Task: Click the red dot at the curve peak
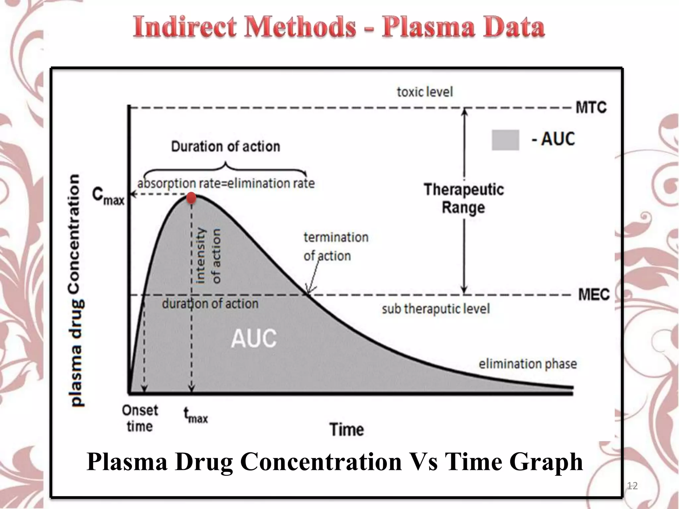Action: coord(191,198)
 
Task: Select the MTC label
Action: coord(591,107)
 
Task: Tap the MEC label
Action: coord(593,294)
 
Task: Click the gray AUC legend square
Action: coord(505,140)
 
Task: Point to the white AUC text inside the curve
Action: coord(254,339)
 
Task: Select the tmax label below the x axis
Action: coord(196,416)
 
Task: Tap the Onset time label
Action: coord(140,418)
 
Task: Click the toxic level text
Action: coord(425,92)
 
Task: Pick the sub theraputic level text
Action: coord(436,309)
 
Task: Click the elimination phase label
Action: coord(527,364)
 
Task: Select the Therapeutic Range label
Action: coord(463,198)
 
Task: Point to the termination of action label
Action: coord(336,247)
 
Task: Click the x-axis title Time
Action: coord(346,429)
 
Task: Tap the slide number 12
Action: coord(632,486)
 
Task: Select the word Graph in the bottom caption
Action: coord(546,462)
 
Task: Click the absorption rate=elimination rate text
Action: coord(226,183)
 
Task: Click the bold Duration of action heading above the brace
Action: coord(225,146)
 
